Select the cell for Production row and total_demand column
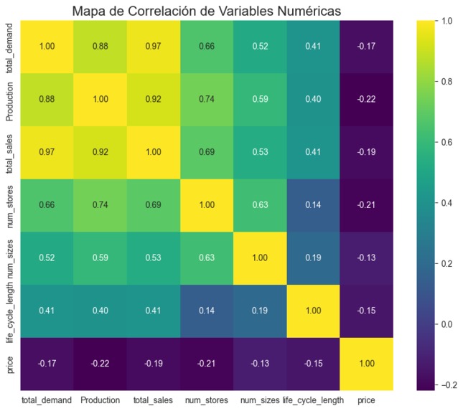click(47, 99)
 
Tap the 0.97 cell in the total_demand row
click(153, 47)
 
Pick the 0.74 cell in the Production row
click(206, 99)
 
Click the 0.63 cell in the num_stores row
click(259, 205)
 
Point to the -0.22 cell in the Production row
click(366, 99)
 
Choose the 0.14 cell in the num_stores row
click(313, 205)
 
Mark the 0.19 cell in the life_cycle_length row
click(259, 311)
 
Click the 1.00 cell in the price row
click(366, 364)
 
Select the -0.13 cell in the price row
click(259, 364)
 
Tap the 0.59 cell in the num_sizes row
click(100, 258)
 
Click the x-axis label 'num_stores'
click(206, 399)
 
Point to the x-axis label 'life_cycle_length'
click(313, 399)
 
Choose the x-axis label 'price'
click(366, 399)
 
